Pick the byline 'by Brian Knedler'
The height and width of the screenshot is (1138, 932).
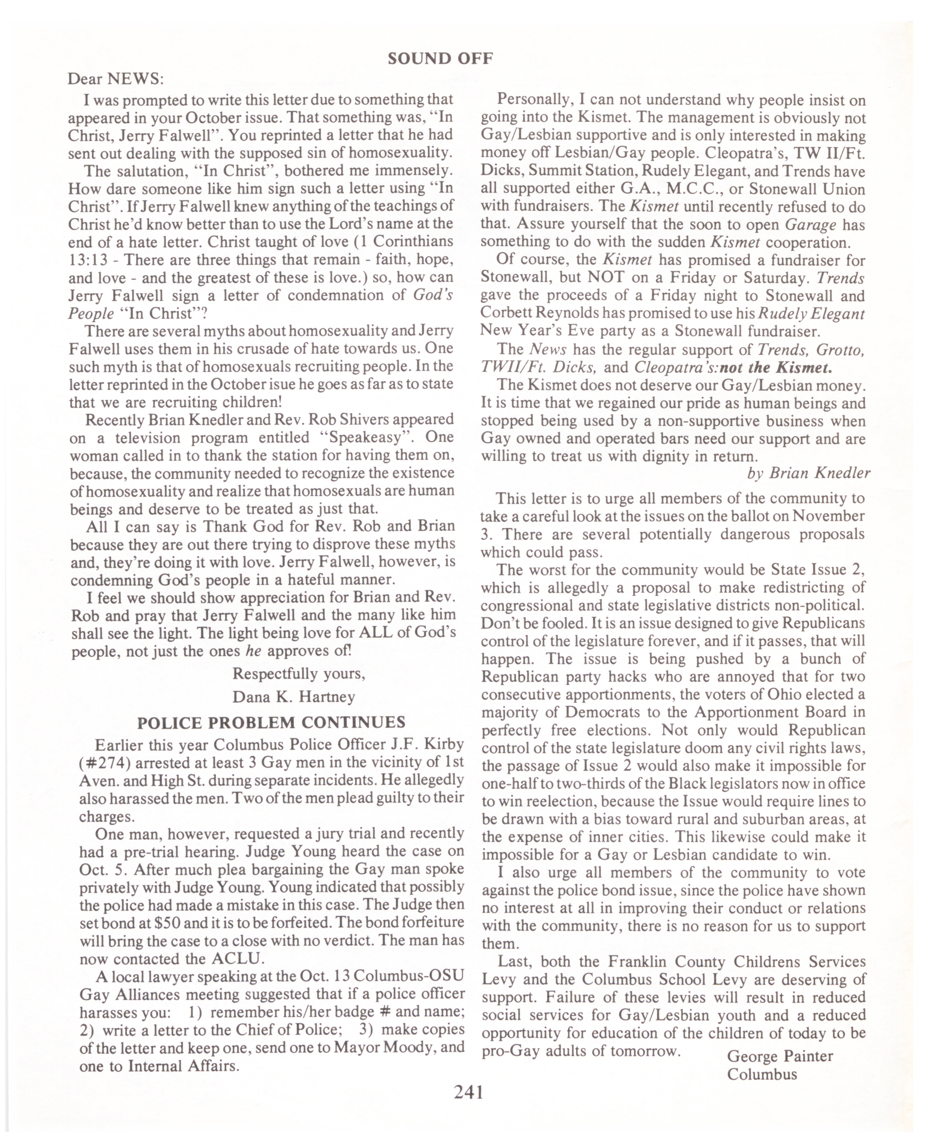point(808,473)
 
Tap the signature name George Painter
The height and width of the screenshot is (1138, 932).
point(780,1056)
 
